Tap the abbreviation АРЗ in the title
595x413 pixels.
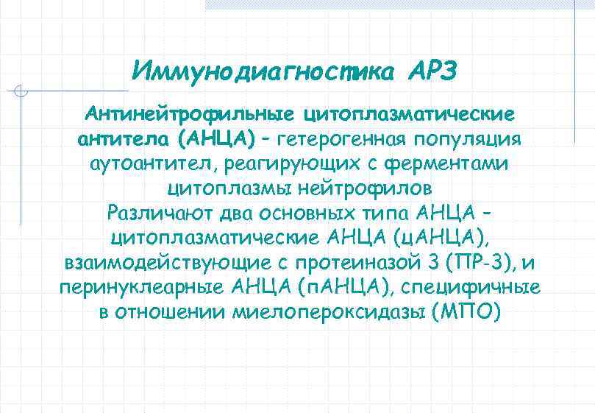[x=432, y=71]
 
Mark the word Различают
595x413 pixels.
[x=156, y=214]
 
